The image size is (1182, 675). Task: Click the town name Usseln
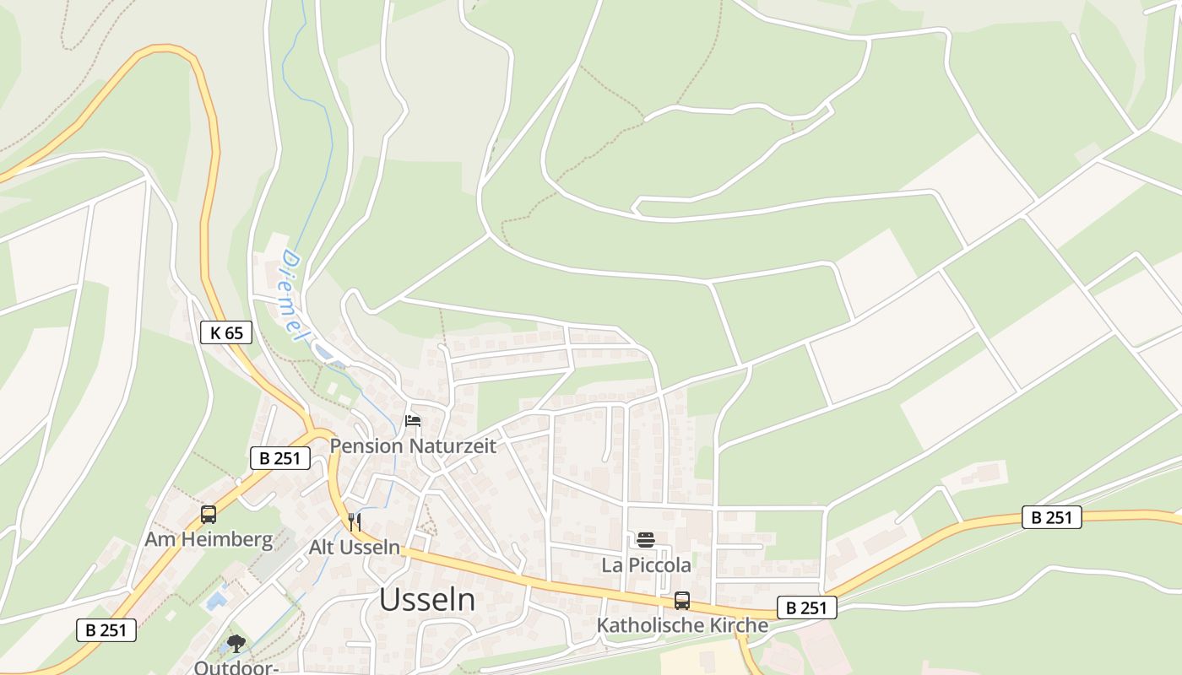point(426,599)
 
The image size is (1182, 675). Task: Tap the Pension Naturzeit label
point(413,445)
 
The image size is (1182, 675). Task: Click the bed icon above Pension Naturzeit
point(413,421)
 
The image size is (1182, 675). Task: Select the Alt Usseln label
point(355,547)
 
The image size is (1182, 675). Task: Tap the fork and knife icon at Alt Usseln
point(355,522)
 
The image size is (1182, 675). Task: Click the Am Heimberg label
point(209,539)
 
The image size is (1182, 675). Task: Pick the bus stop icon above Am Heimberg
point(209,514)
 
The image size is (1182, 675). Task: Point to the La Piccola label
point(646,564)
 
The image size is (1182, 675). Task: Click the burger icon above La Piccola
point(646,540)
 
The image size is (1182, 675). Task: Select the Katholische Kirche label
point(682,625)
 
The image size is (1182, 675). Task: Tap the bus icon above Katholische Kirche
point(682,601)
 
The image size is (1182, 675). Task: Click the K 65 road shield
point(226,332)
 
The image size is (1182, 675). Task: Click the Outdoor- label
point(236,667)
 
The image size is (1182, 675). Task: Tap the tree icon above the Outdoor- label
point(236,644)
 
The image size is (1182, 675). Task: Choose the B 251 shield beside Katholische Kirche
point(806,607)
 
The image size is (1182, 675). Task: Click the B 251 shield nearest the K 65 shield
point(280,459)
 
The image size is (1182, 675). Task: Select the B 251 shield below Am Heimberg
point(106,629)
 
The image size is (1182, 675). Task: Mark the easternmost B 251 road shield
point(1051,517)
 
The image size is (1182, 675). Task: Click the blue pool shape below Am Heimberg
point(216,601)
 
